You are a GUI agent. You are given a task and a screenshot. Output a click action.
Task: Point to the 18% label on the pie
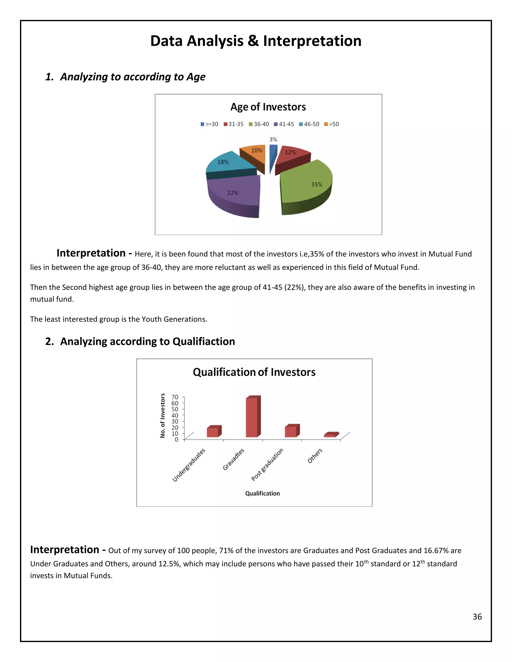tap(223, 162)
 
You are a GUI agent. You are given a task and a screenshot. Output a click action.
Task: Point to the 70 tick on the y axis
tap(175, 397)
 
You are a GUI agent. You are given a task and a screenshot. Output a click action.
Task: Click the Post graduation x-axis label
tap(267, 464)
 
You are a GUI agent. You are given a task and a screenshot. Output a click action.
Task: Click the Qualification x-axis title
tap(262, 493)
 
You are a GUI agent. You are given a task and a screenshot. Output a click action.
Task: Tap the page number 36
tap(477, 617)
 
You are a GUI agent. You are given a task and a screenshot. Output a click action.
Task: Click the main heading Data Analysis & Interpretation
tap(256, 41)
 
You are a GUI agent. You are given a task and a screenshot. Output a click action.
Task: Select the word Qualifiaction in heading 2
tap(203, 341)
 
